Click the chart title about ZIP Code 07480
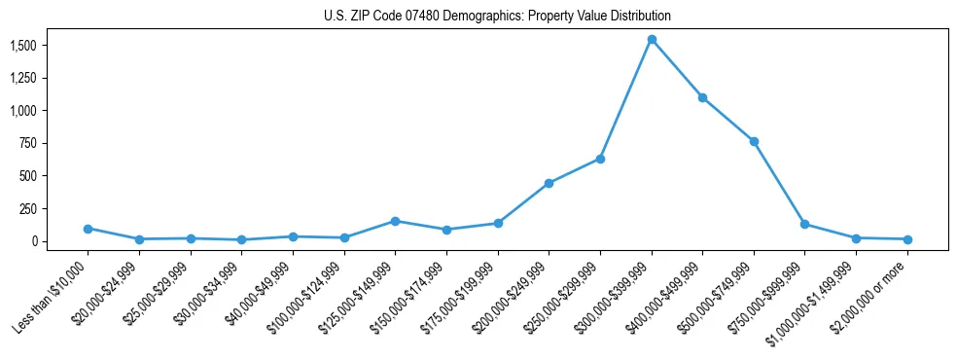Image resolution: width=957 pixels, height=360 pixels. [497, 16]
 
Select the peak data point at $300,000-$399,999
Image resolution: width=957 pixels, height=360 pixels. [652, 40]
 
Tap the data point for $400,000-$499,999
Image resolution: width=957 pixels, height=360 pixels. [702, 97]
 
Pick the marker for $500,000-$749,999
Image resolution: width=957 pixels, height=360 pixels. [754, 141]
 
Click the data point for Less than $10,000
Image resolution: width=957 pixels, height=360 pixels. [88, 229]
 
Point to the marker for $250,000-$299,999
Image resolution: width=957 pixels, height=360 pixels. [600, 159]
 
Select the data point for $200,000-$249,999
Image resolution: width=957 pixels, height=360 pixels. [549, 183]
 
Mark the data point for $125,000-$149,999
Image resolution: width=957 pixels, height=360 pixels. [395, 221]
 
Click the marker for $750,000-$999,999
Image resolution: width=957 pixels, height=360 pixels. [804, 224]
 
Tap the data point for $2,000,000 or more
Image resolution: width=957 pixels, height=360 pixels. [906, 239]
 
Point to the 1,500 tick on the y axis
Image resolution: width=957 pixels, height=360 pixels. [23, 46]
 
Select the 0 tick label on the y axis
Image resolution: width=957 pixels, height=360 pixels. [35, 241]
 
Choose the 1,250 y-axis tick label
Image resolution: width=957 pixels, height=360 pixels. [23, 78]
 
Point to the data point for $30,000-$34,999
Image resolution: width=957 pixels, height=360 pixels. [241, 239]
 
